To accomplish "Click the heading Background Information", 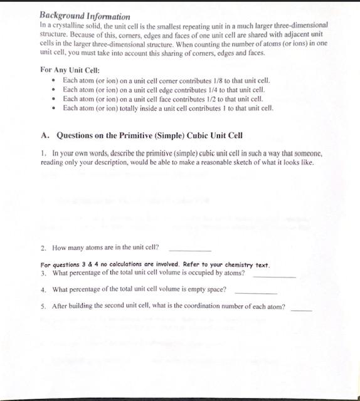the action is coord(85,16).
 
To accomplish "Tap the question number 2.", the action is coord(43,247).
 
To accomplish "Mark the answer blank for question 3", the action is coord(275,275).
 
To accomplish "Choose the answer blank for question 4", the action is coord(255,291).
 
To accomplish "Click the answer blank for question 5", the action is coord(301,308).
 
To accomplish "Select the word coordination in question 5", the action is coord(206,307).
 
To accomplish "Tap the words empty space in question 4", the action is coord(208,290).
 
